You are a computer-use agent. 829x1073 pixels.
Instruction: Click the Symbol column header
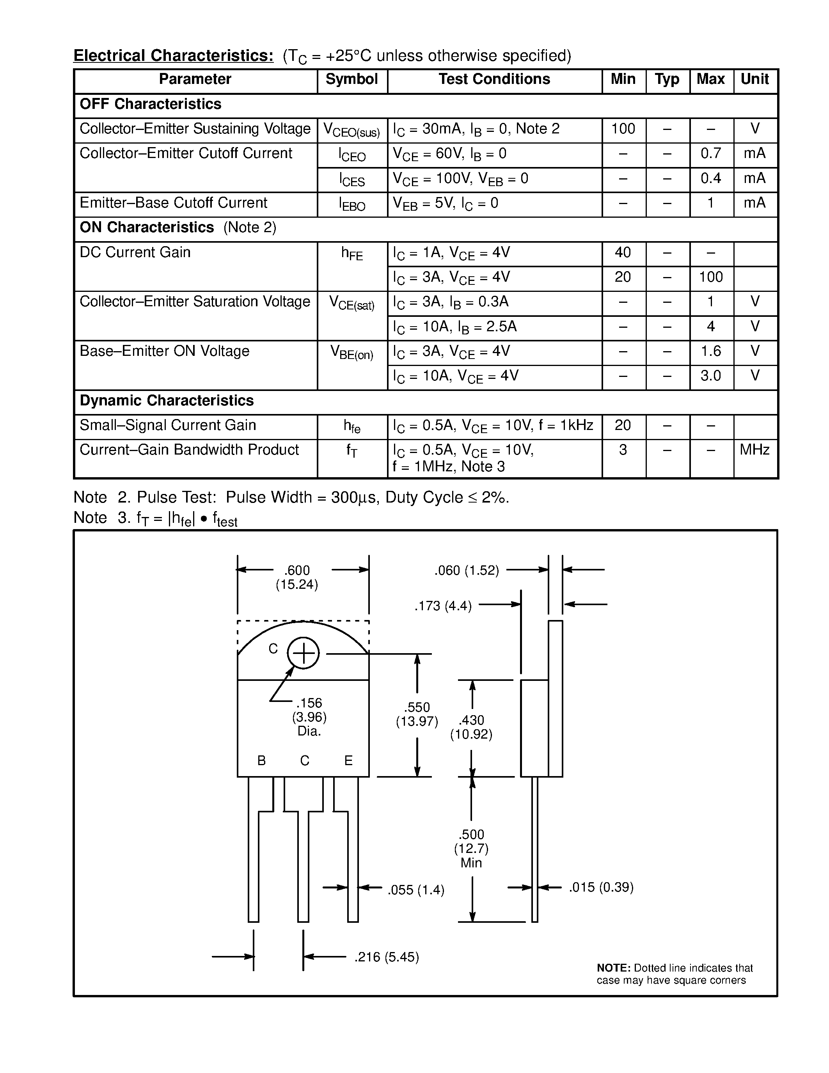(x=351, y=80)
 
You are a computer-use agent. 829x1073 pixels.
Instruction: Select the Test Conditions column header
(x=494, y=80)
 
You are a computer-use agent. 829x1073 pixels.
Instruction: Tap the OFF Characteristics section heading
(x=150, y=104)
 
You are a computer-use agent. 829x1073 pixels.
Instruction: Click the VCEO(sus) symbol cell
(x=351, y=131)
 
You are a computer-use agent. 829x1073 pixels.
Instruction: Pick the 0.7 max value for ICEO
(x=711, y=154)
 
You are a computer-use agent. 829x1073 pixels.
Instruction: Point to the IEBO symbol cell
(x=351, y=204)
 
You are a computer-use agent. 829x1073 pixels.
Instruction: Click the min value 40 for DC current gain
(x=623, y=252)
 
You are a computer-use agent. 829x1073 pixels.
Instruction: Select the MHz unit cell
(x=755, y=450)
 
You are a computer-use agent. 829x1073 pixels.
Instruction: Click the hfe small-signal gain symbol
(x=351, y=426)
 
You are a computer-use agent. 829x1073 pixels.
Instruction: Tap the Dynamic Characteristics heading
(x=167, y=401)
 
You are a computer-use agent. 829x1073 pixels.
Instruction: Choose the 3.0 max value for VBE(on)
(x=711, y=377)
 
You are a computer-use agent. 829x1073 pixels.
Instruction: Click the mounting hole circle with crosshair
(x=304, y=654)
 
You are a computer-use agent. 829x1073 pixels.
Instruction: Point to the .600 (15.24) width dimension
(x=297, y=577)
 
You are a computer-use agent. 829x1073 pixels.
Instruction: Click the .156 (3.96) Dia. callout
(x=309, y=717)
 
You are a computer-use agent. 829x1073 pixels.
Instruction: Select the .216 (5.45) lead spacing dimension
(x=387, y=957)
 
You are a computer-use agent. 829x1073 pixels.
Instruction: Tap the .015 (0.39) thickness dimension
(x=601, y=887)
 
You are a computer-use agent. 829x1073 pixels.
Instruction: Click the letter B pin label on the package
(x=262, y=760)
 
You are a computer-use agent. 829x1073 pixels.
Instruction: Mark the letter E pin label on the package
(x=348, y=760)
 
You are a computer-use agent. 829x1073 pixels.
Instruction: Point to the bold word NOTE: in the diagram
(x=613, y=968)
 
